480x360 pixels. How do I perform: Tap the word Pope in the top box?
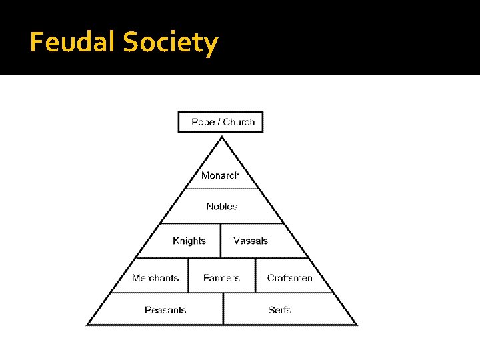[203, 122]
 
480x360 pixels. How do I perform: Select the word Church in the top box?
[239, 122]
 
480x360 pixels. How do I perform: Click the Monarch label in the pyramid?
[220, 175]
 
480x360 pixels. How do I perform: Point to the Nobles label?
[221, 207]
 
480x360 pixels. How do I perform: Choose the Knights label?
[189, 241]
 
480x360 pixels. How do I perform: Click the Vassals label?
[251, 241]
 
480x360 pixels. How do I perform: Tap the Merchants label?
[155, 278]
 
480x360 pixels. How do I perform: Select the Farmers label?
[221, 278]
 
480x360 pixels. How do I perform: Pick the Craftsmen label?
[289, 278]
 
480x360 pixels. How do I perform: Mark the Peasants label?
[165, 310]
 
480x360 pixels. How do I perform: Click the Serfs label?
[279, 310]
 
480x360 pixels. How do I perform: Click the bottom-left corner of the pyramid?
[87, 325]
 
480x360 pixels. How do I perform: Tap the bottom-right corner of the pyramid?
[357, 325]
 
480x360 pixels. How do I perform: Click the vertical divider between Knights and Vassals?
[221, 241]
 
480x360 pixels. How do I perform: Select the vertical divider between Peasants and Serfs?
[223, 309]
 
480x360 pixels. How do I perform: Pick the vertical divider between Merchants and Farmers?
[189, 275]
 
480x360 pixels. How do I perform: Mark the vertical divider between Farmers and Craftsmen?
[255, 275]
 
